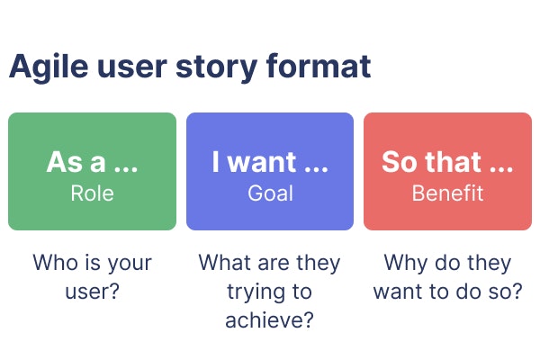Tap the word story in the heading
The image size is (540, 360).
click(217, 68)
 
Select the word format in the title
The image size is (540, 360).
click(319, 66)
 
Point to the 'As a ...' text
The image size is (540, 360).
click(92, 162)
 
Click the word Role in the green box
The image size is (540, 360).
click(92, 193)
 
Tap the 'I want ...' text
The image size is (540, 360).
click(270, 162)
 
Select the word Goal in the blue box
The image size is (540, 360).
click(270, 193)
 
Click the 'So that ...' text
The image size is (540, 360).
click(447, 162)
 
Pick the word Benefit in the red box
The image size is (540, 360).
click(447, 193)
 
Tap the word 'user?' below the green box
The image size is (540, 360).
click(93, 292)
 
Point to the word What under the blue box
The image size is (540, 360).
click(226, 263)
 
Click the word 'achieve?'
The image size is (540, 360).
click(270, 320)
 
